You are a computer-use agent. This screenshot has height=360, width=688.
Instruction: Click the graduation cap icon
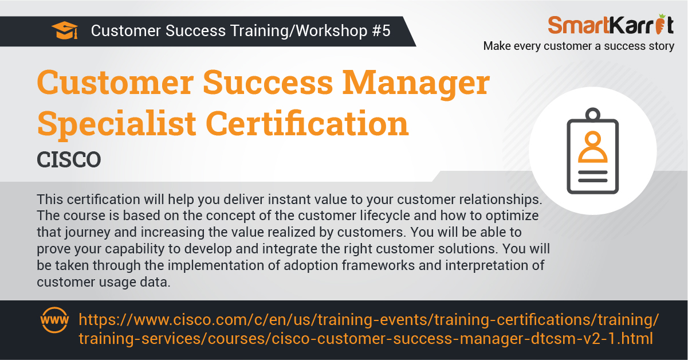coord(65,30)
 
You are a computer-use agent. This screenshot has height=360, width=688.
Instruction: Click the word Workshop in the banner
coord(332,31)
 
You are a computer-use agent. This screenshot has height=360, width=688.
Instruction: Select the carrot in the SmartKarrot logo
coord(660,24)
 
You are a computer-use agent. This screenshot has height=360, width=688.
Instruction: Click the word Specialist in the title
coord(116,124)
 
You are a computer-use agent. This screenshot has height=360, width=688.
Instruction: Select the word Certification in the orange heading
coord(307,123)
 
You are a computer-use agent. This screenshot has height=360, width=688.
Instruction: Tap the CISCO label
coord(69,160)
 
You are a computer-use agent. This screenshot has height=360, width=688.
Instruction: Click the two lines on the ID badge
coord(593,177)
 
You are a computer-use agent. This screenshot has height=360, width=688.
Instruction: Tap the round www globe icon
coord(54,320)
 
